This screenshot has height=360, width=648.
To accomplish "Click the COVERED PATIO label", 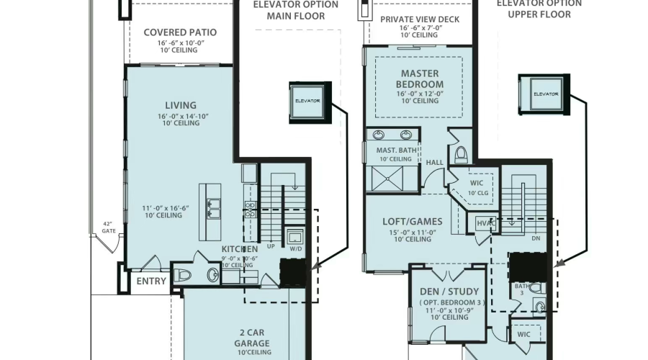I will pyautogui.click(x=180, y=32).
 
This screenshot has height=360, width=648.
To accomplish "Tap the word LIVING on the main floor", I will pyautogui.click(x=180, y=106).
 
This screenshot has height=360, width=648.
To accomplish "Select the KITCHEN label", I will pyautogui.click(x=239, y=248).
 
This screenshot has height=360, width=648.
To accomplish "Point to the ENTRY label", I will pyautogui.click(x=151, y=281).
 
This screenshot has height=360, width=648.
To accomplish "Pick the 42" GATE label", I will pyautogui.click(x=109, y=227).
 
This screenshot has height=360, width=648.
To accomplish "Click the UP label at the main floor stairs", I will pyautogui.click(x=271, y=246).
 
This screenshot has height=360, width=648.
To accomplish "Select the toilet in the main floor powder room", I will pyautogui.click(x=183, y=274).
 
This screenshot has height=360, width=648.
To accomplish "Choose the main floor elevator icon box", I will pyautogui.click(x=307, y=100).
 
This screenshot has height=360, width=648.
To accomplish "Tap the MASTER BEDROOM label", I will pyautogui.click(x=419, y=78).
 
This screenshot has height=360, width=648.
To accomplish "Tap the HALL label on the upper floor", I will pyautogui.click(x=435, y=163).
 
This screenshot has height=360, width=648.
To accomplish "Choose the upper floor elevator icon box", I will pyautogui.click(x=545, y=94).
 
